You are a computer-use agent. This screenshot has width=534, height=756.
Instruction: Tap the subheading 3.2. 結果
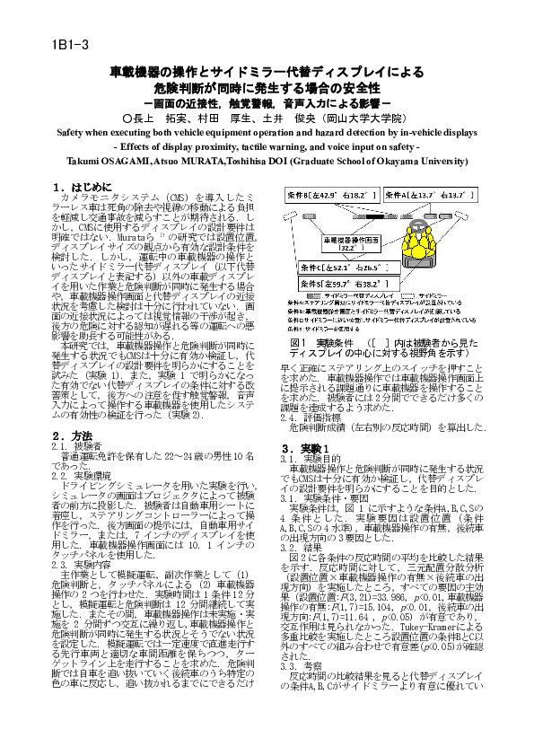304,547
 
